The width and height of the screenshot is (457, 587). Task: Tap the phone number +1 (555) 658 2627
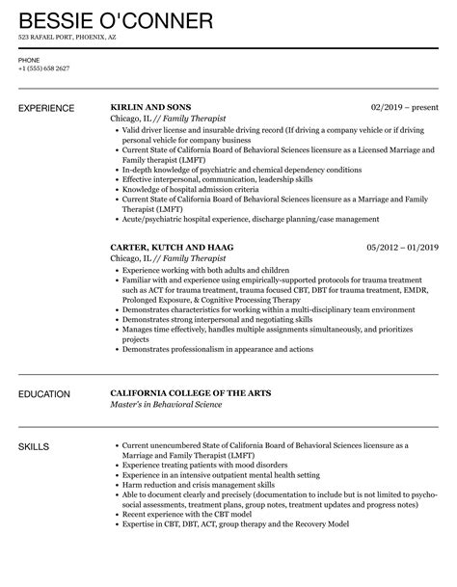44,69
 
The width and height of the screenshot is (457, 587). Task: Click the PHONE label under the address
29,60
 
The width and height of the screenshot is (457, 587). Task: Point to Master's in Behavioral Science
175,405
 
